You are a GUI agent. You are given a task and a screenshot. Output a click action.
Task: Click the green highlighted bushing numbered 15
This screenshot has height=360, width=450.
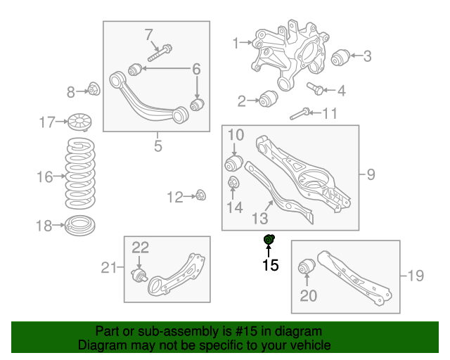268,240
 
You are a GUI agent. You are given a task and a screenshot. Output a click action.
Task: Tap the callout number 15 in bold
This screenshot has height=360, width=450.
271,265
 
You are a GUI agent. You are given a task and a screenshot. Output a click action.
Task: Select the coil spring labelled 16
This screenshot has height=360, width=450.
80,174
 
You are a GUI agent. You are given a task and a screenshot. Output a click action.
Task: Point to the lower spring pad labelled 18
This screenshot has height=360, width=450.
79,226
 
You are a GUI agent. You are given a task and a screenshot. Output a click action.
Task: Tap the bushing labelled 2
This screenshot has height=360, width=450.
267,99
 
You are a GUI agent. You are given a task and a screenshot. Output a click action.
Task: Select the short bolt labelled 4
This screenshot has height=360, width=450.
315,89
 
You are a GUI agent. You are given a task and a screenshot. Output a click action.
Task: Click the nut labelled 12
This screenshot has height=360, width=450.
201,194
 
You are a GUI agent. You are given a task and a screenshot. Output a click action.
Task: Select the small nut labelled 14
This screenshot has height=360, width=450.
234,185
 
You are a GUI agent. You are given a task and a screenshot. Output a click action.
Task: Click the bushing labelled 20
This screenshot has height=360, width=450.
307,268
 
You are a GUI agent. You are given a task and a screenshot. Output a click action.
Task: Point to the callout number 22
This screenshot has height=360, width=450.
141,247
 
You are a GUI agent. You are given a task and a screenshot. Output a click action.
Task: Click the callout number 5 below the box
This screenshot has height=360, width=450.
157,146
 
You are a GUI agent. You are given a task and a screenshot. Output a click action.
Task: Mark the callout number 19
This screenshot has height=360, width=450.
416,276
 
